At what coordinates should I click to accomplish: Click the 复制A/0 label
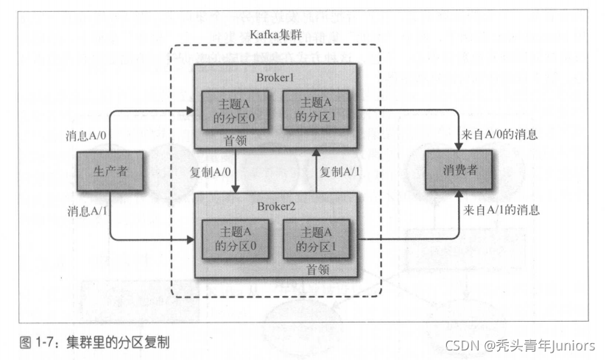[x=209, y=171]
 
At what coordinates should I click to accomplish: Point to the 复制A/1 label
[x=341, y=171]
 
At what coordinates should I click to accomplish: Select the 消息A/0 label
[x=85, y=136]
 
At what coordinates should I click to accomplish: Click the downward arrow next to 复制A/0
[x=235, y=171]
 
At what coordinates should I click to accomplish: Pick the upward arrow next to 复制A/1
[x=314, y=171]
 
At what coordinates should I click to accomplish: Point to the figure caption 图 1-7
[x=96, y=342]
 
